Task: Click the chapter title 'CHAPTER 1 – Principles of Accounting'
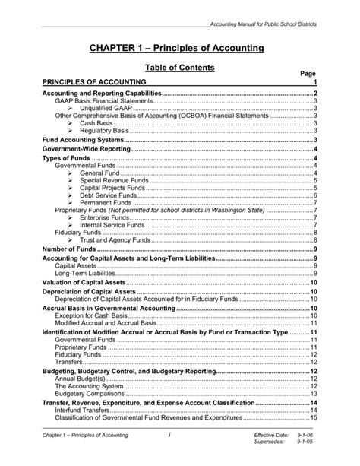click(x=179, y=48)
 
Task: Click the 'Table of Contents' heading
click(x=179, y=68)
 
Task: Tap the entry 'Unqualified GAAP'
click(x=104, y=108)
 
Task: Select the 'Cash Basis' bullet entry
click(x=94, y=123)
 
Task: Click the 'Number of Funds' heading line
click(x=69, y=249)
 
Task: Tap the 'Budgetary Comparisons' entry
click(x=89, y=394)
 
